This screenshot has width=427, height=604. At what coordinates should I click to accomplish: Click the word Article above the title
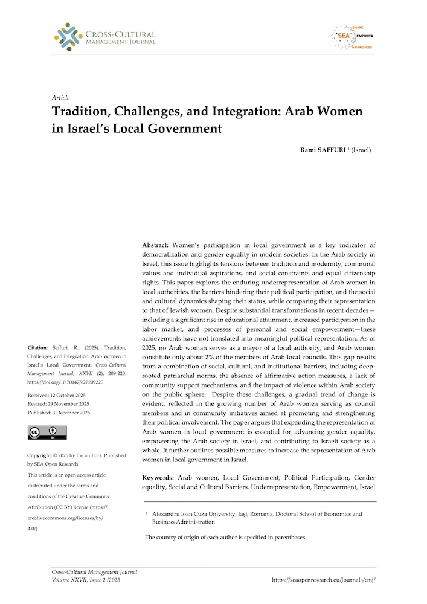[x=61, y=98]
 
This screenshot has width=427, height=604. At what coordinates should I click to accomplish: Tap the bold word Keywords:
[x=158, y=477]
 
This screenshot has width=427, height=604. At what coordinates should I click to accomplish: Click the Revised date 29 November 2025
[x=59, y=403]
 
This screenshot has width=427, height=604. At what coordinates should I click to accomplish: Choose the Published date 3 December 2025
[x=59, y=413]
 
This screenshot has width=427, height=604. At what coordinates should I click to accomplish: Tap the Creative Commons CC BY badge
[x=47, y=432]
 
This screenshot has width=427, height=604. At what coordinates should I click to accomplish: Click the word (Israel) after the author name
[x=361, y=150]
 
